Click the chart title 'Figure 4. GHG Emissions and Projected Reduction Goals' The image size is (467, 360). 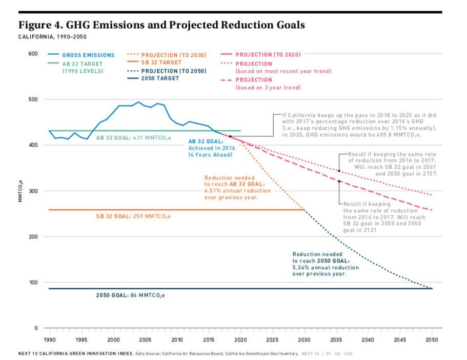point(161,25)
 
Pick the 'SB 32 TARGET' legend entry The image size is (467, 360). point(161,62)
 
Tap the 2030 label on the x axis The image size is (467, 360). point(304,339)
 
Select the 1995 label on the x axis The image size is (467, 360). point(81,339)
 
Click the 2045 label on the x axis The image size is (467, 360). point(400,339)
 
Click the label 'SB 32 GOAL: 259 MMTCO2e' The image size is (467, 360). point(133,216)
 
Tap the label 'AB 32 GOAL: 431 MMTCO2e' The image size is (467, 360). point(133,138)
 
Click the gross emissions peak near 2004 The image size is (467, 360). point(138,102)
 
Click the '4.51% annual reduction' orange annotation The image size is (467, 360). point(237,190)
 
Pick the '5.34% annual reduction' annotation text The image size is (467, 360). point(326,267)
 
